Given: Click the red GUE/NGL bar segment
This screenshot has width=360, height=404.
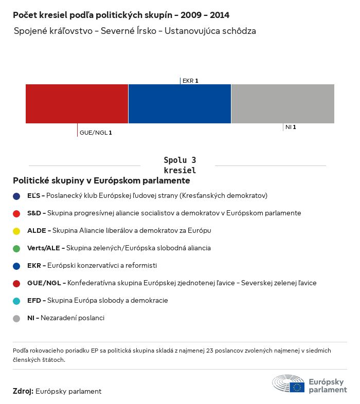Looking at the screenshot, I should click(77, 104).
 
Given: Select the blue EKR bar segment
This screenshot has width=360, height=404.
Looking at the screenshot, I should click(179, 104).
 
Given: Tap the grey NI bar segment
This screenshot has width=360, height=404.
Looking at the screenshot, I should click(283, 104).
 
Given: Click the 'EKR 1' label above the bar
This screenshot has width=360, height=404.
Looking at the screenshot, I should click(190, 81).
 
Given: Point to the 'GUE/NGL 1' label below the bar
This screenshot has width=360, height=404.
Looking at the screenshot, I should click(96, 133).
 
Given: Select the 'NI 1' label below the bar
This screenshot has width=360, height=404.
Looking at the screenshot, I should click(291, 127).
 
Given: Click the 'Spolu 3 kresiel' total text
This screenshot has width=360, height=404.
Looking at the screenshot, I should click(179, 165).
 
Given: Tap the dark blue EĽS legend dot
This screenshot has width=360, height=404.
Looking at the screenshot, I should click(16, 196).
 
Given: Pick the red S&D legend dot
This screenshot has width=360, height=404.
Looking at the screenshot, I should click(16, 213).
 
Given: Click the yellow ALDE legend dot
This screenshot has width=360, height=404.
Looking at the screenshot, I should click(16, 231).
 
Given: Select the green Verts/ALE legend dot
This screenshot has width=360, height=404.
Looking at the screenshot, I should click(16, 248).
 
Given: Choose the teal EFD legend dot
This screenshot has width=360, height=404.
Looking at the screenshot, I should click(16, 301).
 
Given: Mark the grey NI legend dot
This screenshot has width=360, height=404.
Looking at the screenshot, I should click(16, 318).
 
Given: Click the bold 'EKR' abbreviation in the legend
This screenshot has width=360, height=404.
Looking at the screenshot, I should click(34, 266).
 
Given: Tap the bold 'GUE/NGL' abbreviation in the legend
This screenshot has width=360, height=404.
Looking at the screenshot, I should click(44, 283).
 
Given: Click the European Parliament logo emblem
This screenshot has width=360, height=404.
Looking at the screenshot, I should click(289, 384).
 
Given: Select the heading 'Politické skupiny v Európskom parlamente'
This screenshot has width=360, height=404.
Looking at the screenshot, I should click(101, 181).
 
